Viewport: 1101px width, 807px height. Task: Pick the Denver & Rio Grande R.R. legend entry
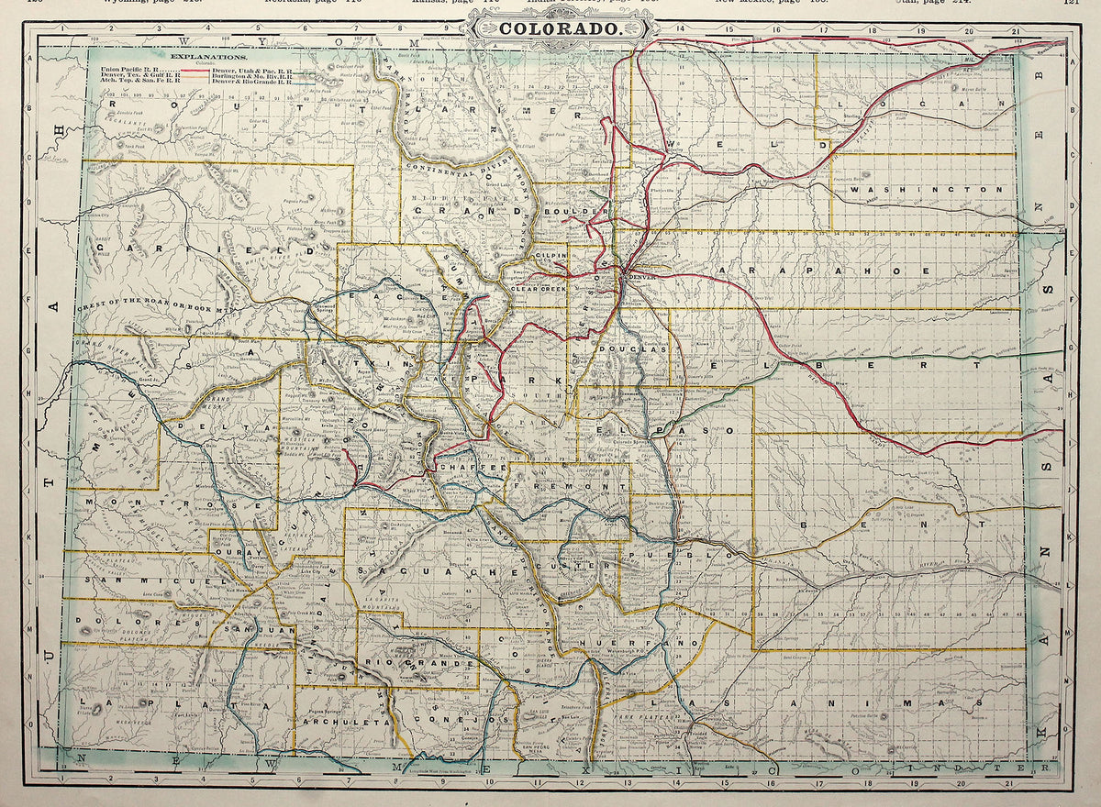pyautogui.click(x=250, y=82)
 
